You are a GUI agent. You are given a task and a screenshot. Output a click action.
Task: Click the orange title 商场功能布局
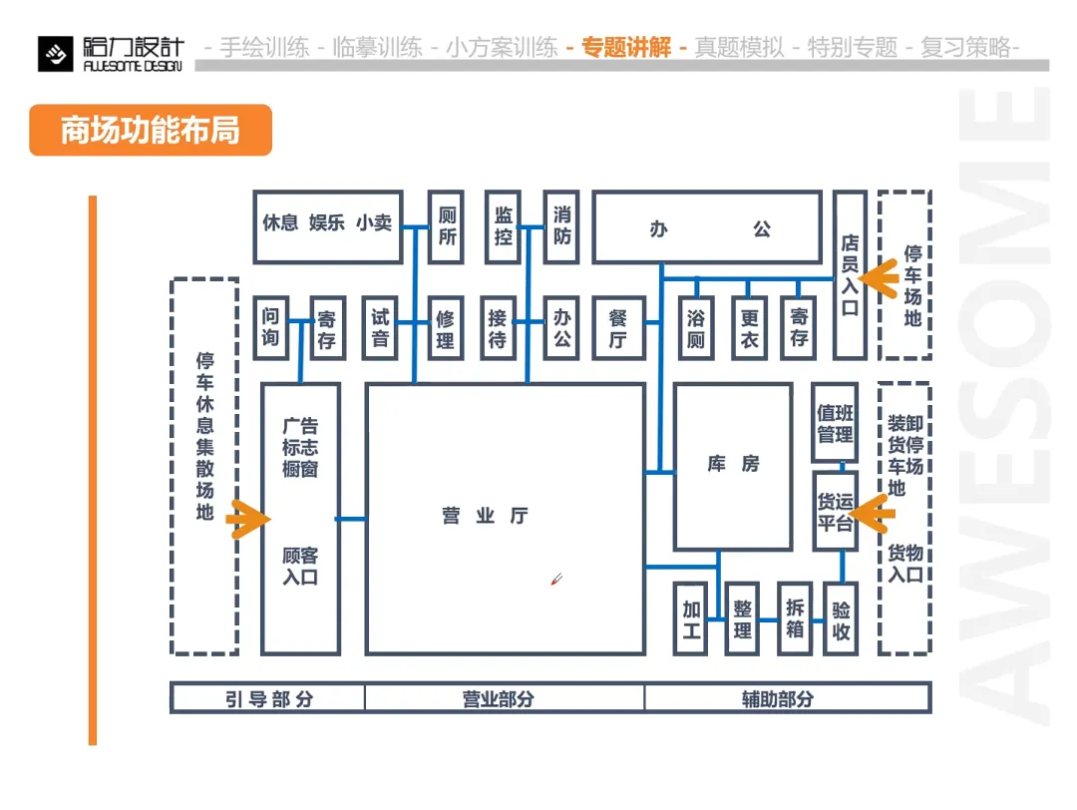(x=151, y=130)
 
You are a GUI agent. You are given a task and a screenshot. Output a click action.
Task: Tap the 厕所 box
(x=447, y=226)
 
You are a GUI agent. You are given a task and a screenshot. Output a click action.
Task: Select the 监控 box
(x=503, y=226)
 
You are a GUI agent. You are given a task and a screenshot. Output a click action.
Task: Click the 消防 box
(x=561, y=226)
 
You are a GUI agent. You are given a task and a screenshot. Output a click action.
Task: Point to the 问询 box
(x=271, y=327)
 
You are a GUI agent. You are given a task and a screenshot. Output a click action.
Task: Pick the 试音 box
(x=380, y=327)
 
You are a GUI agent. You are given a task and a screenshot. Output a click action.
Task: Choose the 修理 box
(x=446, y=327)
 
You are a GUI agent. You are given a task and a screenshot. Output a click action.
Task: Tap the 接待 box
(x=498, y=327)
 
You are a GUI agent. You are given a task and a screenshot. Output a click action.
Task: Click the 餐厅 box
(x=617, y=327)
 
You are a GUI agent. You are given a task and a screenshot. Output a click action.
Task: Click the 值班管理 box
(x=835, y=423)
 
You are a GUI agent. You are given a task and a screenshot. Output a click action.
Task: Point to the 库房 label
(x=733, y=465)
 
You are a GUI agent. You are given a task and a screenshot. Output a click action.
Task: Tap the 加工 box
(x=690, y=618)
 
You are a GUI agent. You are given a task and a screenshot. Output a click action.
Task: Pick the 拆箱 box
(x=795, y=618)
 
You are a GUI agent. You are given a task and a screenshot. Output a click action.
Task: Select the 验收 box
(x=841, y=618)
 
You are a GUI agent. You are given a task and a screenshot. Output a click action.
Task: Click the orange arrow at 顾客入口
(x=248, y=519)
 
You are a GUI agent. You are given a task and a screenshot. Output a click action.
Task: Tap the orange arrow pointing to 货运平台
(x=874, y=515)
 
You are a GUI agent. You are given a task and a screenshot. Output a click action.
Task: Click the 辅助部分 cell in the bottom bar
(x=777, y=698)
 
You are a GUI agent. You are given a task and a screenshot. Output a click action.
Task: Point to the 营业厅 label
(x=486, y=516)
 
